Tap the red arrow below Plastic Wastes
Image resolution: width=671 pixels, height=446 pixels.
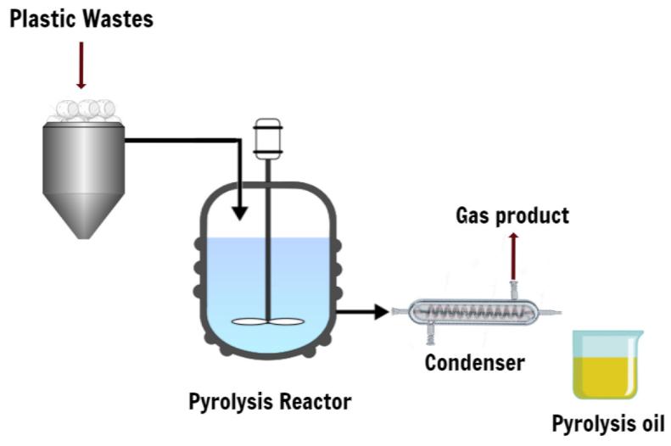[81, 65]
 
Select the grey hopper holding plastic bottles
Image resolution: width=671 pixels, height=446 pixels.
[83, 161]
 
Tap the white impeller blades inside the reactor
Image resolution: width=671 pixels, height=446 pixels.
[268, 322]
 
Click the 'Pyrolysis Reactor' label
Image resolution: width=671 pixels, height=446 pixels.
[269, 401]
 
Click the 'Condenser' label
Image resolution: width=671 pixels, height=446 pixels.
[474, 363]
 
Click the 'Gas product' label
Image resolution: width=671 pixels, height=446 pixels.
[512, 215]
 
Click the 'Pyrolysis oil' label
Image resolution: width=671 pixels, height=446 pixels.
[608, 422]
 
